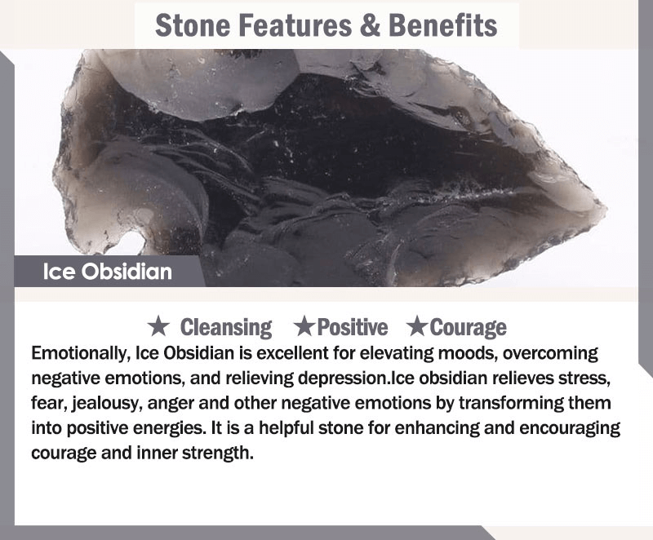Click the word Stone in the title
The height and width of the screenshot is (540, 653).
(x=193, y=25)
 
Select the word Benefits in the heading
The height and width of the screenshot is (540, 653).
(x=442, y=25)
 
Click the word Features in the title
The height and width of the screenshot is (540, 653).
(x=295, y=25)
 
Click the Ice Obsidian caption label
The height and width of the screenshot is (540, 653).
(x=108, y=272)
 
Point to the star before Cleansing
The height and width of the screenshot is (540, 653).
(x=158, y=326)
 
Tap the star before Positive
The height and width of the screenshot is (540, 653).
(x=304, y=326)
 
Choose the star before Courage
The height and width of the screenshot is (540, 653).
(x=417, y=326)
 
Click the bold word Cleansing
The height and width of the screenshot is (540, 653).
(x=226, y=328)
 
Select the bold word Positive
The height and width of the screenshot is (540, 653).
(x=353, y=327)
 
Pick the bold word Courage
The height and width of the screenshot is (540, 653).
(x=468, y=328)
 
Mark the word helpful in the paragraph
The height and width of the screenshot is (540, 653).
(x=286, y=429)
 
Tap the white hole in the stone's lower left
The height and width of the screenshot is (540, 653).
(x=131, y=243)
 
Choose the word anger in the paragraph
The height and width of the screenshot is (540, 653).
(x=171, y=405)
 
